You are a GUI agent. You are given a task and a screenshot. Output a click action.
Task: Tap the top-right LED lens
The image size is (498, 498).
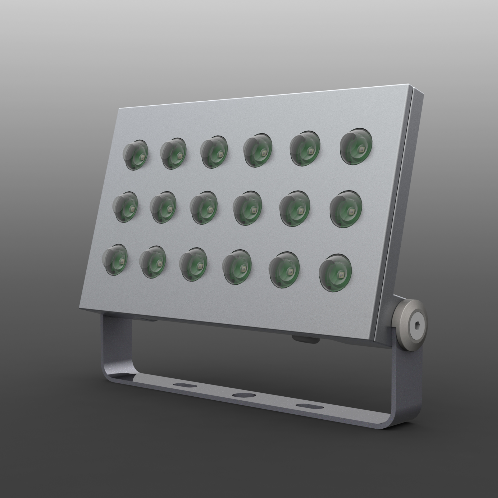click(x=356, y=146)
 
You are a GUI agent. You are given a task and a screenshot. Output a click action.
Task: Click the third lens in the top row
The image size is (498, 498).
click(x=214, y=152)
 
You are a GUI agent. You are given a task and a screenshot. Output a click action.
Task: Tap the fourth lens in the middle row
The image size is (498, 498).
click(x=247, y=208)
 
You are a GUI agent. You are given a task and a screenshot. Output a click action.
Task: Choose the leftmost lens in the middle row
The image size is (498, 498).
click(x=125, y=207)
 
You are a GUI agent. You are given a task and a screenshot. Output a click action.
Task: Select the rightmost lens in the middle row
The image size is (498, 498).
click(x=346, y=209)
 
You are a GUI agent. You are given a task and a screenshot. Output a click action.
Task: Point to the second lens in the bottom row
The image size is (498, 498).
click(x=153, y=262)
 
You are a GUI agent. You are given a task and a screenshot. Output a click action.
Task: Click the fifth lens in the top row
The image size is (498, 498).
click(x=305, y=148)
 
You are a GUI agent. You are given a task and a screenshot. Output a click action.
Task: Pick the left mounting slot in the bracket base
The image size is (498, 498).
click(x=185, y=385)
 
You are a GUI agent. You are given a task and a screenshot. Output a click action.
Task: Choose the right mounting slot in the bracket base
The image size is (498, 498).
click(x=310, y=406)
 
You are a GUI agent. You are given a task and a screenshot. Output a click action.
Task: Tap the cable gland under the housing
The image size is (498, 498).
click(x=306, y=339)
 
